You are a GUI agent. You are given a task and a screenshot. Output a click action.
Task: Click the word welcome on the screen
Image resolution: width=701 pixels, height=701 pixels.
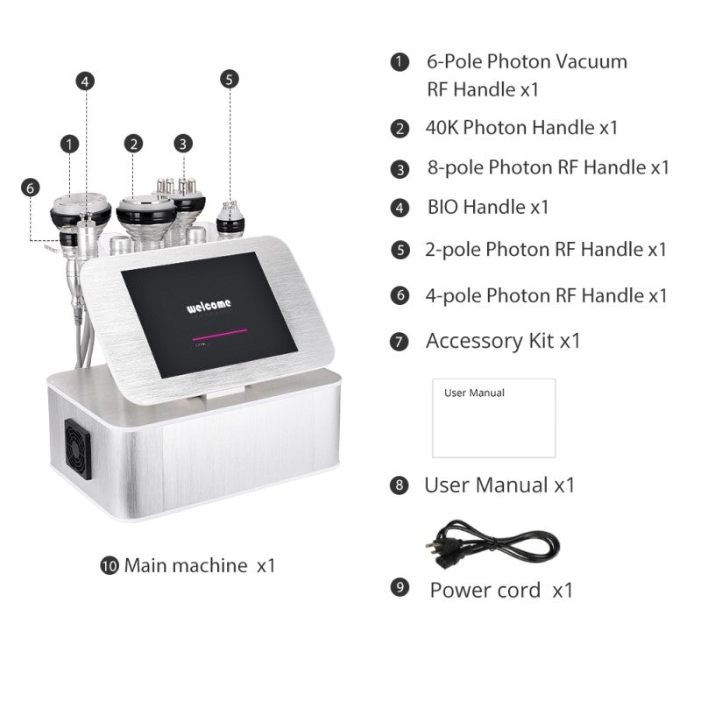[209, 305]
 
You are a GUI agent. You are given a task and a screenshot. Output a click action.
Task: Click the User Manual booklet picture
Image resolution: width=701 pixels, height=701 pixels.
[493, 418]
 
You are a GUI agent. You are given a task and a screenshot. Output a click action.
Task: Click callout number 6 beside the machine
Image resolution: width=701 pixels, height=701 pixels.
[31, 188]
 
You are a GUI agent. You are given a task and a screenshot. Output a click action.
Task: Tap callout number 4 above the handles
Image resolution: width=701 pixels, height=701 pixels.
[85, 81]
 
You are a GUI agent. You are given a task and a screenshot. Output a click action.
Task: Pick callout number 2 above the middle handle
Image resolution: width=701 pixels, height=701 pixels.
[133, 143]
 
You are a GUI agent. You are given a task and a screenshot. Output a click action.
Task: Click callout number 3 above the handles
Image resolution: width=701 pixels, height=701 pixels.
[182, 143]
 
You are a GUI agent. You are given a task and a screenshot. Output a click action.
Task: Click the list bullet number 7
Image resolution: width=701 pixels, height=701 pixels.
[400, 342]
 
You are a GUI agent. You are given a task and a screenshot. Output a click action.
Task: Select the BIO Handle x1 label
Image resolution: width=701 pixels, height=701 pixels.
[487, 208]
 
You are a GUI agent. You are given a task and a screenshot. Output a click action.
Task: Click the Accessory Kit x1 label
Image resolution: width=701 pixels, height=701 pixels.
[503, 341]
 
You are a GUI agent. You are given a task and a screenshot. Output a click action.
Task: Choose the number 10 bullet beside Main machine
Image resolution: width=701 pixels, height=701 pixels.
[110, 566]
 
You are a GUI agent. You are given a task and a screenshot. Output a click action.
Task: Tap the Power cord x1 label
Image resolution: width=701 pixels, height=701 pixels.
[500, 590]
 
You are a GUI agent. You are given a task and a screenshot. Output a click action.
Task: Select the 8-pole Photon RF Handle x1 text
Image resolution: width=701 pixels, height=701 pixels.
[548, 167]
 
